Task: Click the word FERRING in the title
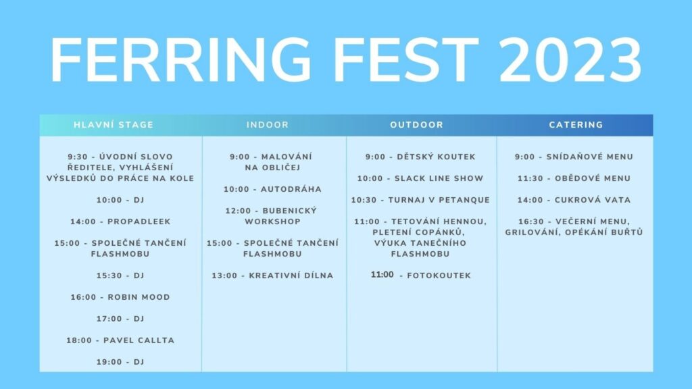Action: click(x=181, y=60)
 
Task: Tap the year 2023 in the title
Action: click(x=570, y=60)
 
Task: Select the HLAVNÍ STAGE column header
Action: click(x=114, y=125)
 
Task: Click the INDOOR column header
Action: click(x=268, y=125)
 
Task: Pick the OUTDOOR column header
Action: click(x=416, y=125)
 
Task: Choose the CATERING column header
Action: click(x=576, y=125)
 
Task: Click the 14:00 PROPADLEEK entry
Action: click(x=120, y=222)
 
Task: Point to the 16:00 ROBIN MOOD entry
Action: click(x=120, y=297)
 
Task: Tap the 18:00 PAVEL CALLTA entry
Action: click(x=120, y=340)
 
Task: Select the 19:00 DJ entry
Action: click(x=120, y=362)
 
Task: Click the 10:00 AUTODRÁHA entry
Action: click(x=273, y=189)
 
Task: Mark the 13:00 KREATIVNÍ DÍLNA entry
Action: click(x=273, y=276)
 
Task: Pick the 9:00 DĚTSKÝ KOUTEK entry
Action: click(x=420, y=157)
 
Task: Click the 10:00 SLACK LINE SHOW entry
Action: click(x=420, y=178)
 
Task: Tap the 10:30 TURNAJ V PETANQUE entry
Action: click(x=420, y=200)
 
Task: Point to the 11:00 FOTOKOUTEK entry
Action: click(x=421, y=275)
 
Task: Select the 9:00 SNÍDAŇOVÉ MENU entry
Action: click(x=574, y=157)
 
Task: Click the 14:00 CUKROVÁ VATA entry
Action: click(x=574, y=200)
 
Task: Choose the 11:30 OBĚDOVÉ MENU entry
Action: click(x=574, y=178)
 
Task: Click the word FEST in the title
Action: click(x=406, y=60)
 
